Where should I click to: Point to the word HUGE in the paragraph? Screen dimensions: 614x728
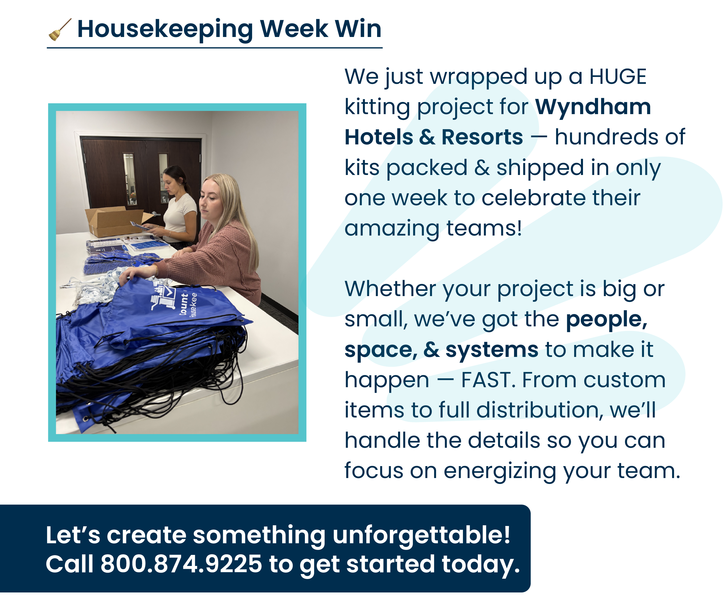618,77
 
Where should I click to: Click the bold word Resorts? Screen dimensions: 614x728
482,137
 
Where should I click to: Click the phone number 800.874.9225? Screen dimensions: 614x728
181,564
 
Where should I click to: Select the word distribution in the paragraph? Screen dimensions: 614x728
539,410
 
